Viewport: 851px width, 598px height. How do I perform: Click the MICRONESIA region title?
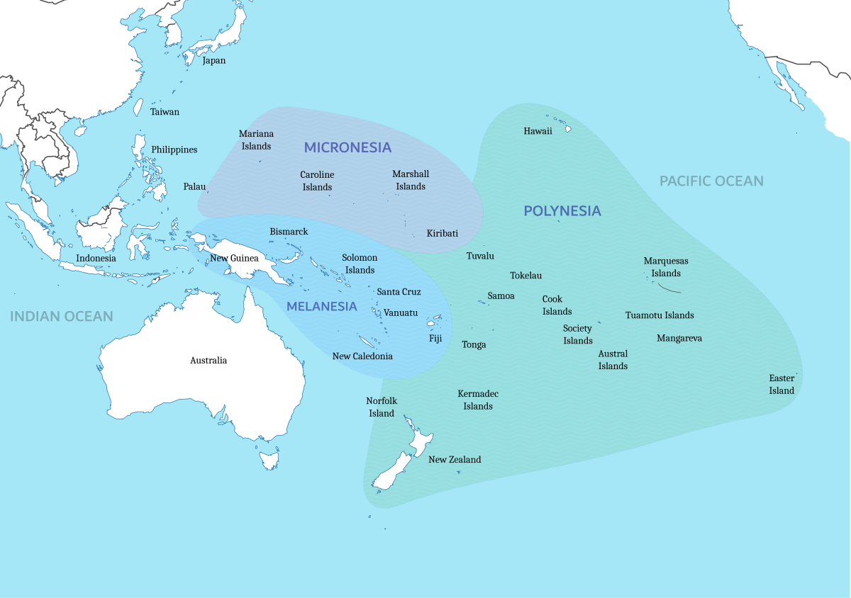(x=347, y=147)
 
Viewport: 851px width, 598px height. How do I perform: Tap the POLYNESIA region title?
(x=562, y=210)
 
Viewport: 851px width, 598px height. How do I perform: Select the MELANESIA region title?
(x=321, y=306)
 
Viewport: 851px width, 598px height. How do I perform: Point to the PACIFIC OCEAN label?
(x=711, y=181)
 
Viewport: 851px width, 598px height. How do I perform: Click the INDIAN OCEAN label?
(x=62, y=316)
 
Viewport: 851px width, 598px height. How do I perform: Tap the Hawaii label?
(x=538, y=131)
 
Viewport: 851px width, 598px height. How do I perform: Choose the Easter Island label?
(x=782, y=384)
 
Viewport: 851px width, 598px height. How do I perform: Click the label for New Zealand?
(x=455, y=460)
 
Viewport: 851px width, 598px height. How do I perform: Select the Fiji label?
(x=435, y=339)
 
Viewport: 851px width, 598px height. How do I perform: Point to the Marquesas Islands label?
(x=666, y=267)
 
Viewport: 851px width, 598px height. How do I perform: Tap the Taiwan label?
(x=165, y=112)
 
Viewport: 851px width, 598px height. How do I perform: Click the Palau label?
(x=194, y=187)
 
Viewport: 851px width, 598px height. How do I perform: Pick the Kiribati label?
(x=443, y=233)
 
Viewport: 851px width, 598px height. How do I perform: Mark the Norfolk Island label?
(x=382, y=407)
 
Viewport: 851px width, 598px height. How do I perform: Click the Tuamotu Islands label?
(x=660, y=315)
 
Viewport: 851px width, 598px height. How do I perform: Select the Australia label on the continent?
(x=208, y=361)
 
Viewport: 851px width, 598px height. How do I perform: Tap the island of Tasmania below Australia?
(x=269, y=461)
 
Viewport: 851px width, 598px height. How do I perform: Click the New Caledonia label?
(x=362, y=356)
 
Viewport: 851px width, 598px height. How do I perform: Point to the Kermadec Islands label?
(x=478, y=400)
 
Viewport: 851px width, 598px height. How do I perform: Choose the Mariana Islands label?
(x=256, y=140)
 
